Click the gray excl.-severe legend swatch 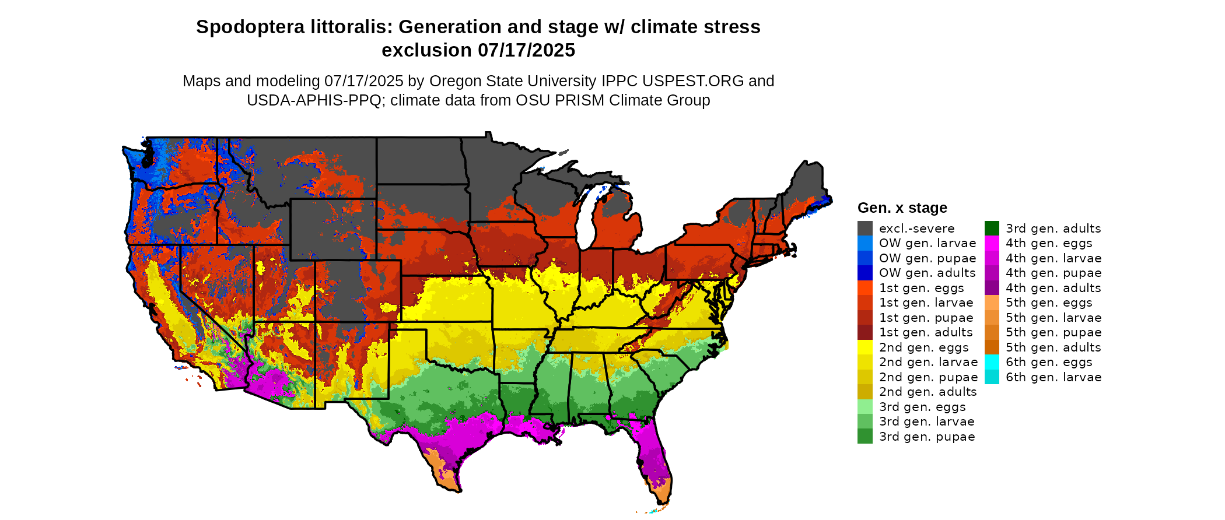click(x=864, y=229)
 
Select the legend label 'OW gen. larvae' click(x=928, y=243)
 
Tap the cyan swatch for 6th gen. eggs click(x=992, y=362)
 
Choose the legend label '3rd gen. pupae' click(x=927, y=437)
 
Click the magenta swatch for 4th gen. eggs click(x=992, y=243)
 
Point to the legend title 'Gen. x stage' click(x=902, y=208)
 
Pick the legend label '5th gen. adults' click(x=1053, y=347)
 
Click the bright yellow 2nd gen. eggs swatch click(x=864, y=347)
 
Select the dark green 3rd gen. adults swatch click(x=992, y=229)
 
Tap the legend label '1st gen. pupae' click(x=926, y=318)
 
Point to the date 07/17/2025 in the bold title click(x=527, y=50)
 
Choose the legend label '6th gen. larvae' click(x=1053, y=377)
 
